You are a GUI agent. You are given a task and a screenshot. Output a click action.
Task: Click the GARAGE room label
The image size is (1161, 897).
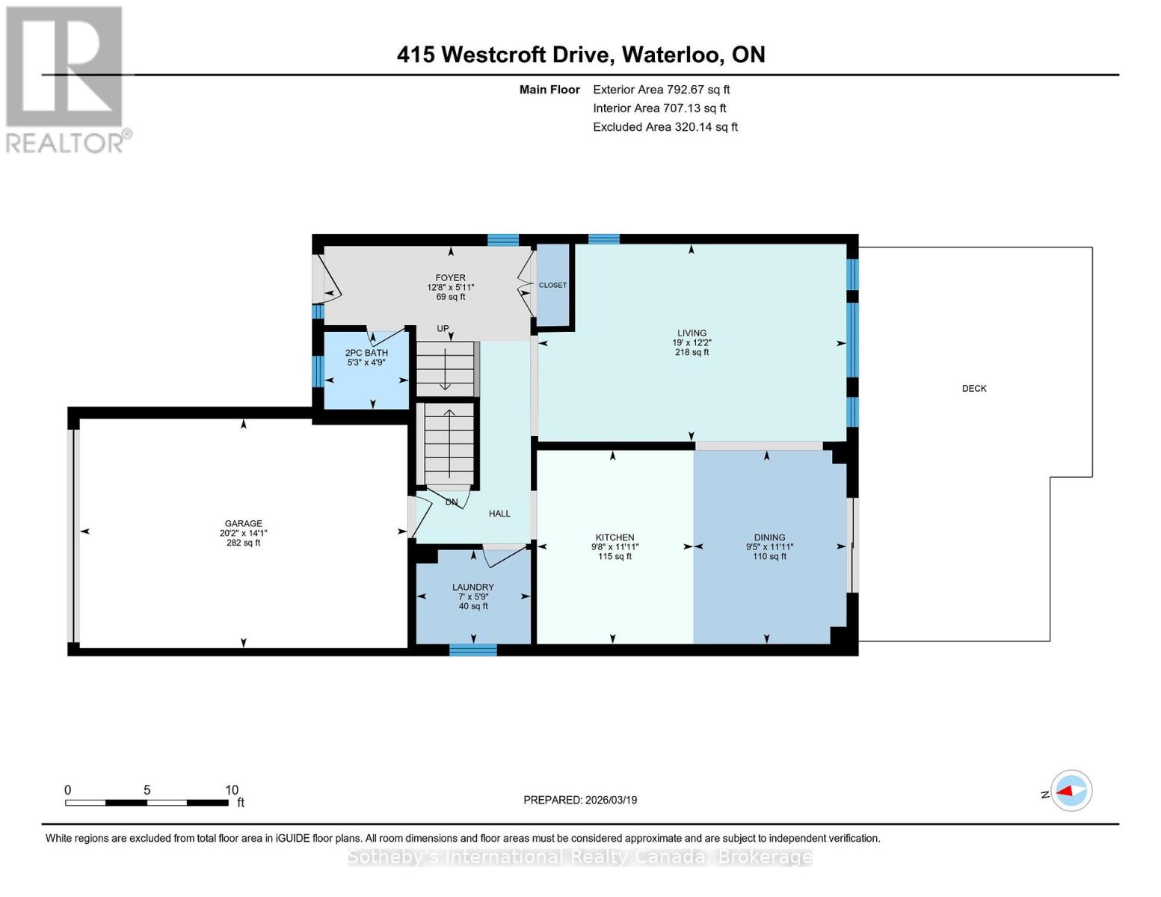point(243,523)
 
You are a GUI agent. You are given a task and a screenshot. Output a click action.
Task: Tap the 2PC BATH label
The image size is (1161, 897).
point(366,353)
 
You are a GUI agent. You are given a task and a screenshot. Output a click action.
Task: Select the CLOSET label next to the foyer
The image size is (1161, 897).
point(552,285)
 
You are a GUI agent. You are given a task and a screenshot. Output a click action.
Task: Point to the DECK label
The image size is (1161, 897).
point(973,388)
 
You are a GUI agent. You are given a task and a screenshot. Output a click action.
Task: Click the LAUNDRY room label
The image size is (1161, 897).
point(472,587)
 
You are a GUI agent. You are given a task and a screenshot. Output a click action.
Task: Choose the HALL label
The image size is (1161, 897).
point(499,514)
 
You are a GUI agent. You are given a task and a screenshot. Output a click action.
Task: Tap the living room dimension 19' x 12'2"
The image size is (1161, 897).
point(692,342)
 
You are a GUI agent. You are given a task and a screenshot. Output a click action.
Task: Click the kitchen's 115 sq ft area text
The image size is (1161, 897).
point(615,556)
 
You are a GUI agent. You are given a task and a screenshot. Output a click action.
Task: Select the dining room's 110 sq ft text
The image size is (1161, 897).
point(769,556)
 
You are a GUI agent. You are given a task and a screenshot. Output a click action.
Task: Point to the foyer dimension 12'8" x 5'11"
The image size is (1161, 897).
point(450,287)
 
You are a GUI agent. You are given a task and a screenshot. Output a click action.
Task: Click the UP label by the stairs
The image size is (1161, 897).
point(443,329)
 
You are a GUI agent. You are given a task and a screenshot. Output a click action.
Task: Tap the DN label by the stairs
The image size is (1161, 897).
point(452,502)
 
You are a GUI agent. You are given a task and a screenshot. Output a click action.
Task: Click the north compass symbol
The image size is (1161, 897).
point(1071,791)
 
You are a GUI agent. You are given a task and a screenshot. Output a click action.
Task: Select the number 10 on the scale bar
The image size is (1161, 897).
point(232,790)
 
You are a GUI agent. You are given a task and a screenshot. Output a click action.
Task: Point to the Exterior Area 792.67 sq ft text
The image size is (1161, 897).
point(661,90)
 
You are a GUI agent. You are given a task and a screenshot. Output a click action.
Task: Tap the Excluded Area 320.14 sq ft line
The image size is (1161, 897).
point(665,127)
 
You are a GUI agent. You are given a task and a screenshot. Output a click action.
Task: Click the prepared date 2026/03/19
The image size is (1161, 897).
point(579,800)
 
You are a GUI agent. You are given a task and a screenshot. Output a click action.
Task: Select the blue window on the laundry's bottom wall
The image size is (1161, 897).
point(472,650)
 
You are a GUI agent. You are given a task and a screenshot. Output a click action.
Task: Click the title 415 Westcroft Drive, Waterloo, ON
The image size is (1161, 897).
point(581,55)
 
